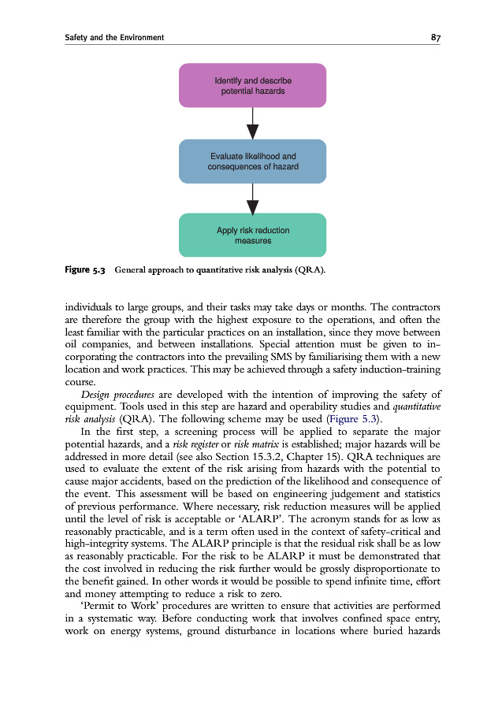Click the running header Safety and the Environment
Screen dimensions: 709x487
114,37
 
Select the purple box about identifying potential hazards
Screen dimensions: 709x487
252,86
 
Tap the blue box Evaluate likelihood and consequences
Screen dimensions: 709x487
252,161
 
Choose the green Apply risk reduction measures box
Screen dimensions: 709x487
252,235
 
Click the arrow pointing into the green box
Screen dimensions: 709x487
252,199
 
